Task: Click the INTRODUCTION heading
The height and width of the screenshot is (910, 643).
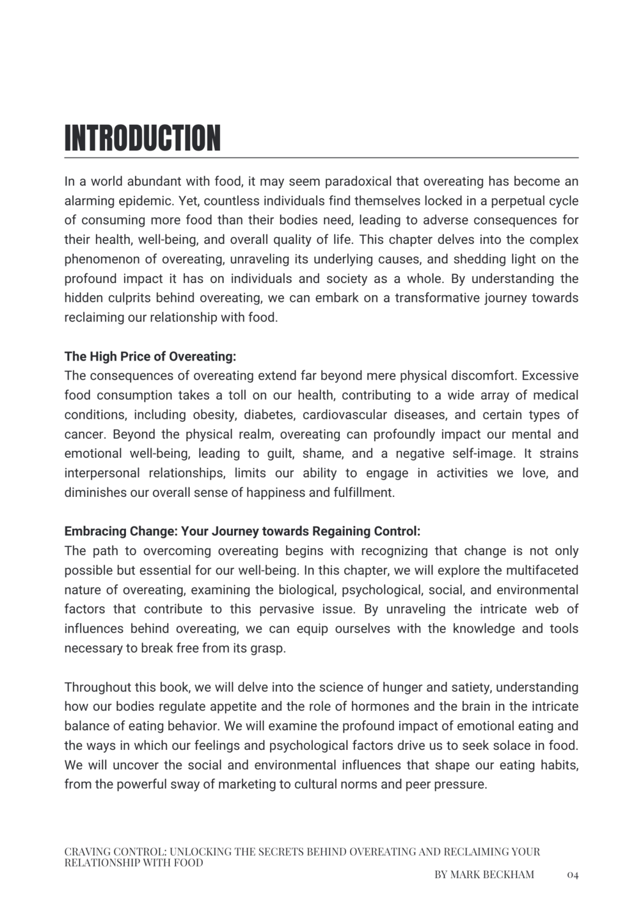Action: coord(143,138)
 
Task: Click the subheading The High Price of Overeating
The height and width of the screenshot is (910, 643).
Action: coord(150,356)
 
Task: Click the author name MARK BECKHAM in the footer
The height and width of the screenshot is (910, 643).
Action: coord(493,875)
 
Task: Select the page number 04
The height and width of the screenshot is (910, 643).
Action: coord(573,875)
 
